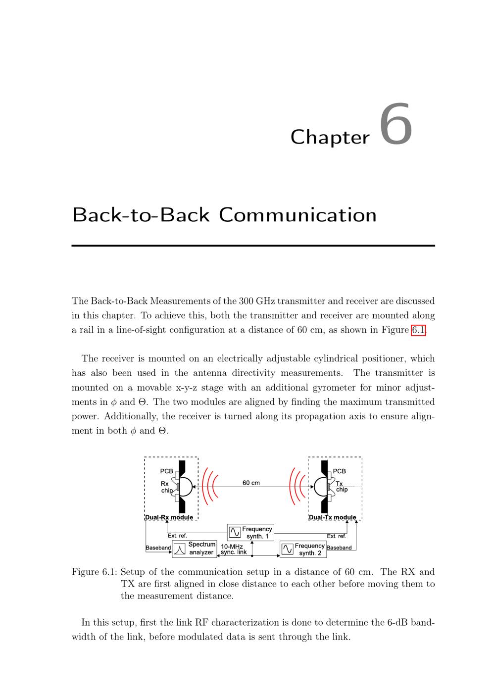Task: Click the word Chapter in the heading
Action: [330, 137]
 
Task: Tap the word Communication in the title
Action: [297, 215]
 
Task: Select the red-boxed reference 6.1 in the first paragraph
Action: [418, 330]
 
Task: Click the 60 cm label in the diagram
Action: [251, 483]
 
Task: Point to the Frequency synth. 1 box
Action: [250, 533]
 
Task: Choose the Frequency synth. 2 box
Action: [303, 549]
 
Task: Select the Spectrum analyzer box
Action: [195, 549]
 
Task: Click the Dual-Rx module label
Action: [169, 518]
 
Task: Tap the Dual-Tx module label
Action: [332, 518]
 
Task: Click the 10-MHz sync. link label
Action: [233, 549]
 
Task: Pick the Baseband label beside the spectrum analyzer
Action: [158, 548]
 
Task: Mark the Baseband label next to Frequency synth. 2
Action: [339, 548]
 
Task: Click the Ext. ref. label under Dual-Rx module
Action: [177, 536]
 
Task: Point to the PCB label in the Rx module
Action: [166, 471]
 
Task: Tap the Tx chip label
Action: [341, 487]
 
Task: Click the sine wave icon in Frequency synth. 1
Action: [235, 533]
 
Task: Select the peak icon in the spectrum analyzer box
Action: [180, 549]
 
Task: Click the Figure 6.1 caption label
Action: [94, 572]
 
